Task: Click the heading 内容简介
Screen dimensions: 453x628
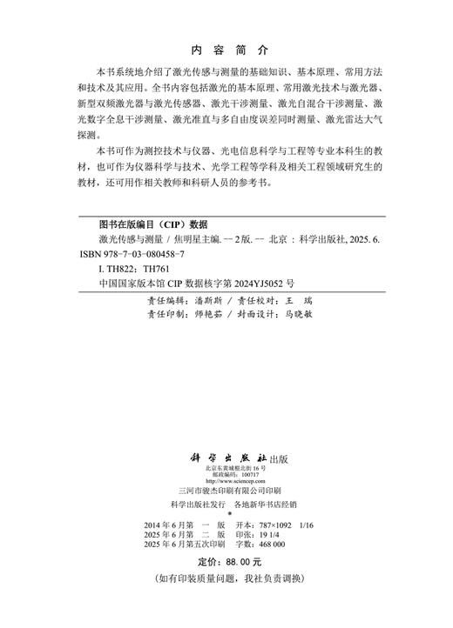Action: pyautogui.click(x=226, y=50)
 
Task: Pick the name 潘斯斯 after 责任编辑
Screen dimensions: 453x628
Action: pyautogui.click(x=202, y=298)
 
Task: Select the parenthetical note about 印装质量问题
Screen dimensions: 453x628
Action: pyautogui.click(x=226, y=579)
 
